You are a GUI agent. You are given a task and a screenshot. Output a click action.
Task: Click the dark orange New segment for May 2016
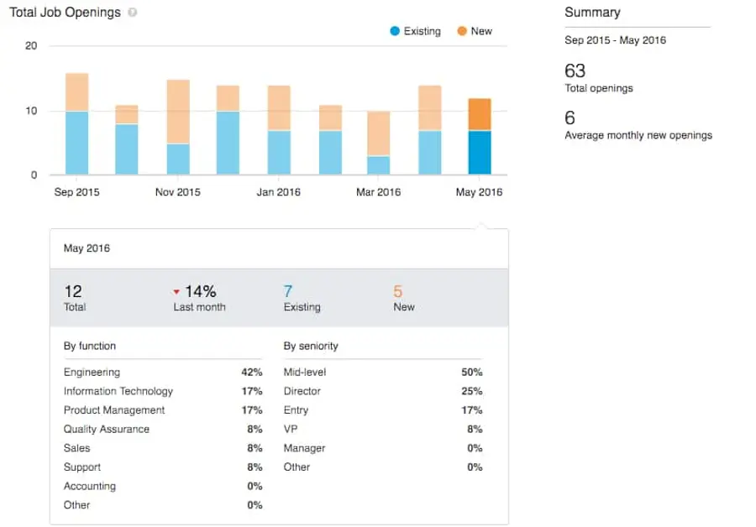pos(479,114)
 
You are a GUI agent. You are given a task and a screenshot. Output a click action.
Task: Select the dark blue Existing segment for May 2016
pos(479,153)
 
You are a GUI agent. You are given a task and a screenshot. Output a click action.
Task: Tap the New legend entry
pos(475,31)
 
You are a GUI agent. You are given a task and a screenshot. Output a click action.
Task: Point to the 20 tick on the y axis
pos(31,46)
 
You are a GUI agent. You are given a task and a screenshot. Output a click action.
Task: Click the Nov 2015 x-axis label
pos(177,192)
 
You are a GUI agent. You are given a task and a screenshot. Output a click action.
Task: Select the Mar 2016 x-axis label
pos(378,192)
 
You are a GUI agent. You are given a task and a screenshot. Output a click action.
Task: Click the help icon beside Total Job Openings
pos(133,13)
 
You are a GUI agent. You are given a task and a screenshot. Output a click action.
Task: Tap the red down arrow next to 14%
pos(176,292)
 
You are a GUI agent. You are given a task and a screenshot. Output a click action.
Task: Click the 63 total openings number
pos(575,71)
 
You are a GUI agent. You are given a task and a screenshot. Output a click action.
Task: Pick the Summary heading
pos(592,13)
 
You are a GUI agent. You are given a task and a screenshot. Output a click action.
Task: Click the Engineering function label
pos(92,372)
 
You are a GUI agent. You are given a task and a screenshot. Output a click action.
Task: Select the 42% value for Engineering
pos(252,372)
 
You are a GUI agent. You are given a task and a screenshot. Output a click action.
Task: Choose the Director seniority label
pos(302,391)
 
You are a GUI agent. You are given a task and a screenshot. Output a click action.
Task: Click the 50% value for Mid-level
pos(472,372)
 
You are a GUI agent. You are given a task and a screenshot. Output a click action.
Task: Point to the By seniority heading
pos(311,346)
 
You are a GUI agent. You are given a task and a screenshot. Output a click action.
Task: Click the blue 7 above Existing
pos(288,291)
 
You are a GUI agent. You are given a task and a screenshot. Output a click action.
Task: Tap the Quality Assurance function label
pos(107,429)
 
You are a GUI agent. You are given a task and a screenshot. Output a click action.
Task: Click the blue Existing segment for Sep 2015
pos(76,143)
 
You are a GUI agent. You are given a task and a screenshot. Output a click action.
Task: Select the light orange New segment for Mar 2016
pos(379,133)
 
